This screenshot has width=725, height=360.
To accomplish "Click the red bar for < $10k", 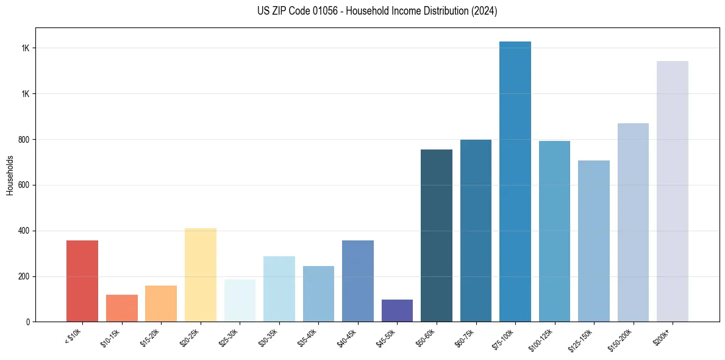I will point(82,281).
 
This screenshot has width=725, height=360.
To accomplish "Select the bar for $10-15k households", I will point(121,308).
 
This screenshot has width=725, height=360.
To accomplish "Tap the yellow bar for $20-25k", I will point(200,275).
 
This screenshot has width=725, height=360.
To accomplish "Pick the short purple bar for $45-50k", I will point(397,311).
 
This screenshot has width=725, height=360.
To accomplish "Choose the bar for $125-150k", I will point(594,241).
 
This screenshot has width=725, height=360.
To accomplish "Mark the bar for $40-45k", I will point(358,281).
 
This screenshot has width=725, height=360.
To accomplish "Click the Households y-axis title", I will point(10,175).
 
